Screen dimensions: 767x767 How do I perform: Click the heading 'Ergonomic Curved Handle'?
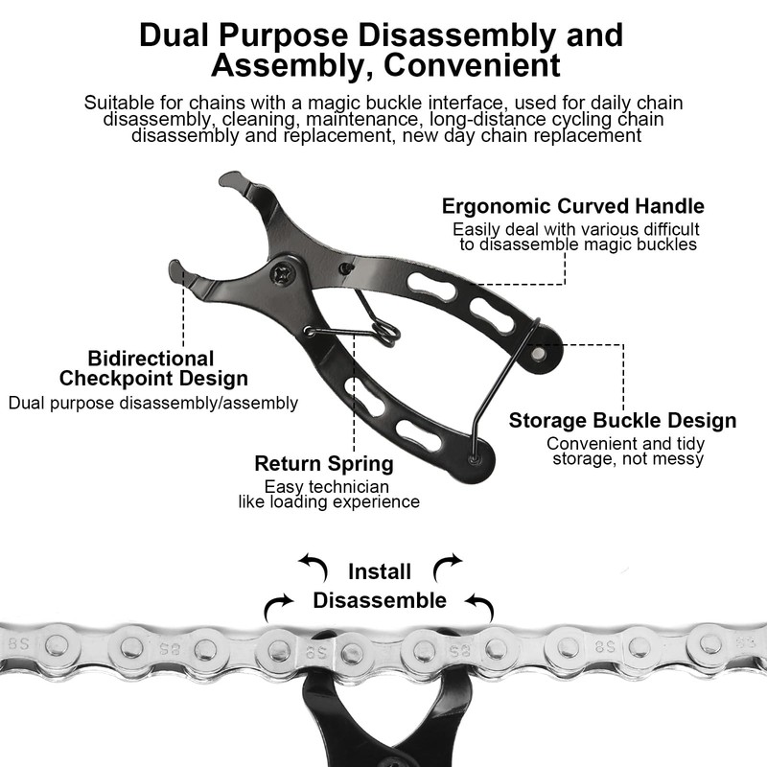coord(572,206)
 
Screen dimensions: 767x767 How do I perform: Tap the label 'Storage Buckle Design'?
coord(622,420)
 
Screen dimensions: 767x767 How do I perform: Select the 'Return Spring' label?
coord(323,464)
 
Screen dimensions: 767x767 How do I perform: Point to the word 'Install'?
coord(379,572)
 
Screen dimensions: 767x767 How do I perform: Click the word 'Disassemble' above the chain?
coord(380,601)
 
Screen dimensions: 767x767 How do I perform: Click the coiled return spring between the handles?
coord(383,332)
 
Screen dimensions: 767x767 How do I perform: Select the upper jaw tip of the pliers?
coord(230,180)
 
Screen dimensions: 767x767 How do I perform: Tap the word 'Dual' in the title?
coord(175,35)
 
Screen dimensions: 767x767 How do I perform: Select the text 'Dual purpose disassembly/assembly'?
coord(153,403)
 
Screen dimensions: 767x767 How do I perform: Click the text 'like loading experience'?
coord(329,501)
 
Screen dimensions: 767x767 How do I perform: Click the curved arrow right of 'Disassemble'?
coord(478,604)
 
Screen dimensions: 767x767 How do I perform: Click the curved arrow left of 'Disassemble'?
coord(280,605)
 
